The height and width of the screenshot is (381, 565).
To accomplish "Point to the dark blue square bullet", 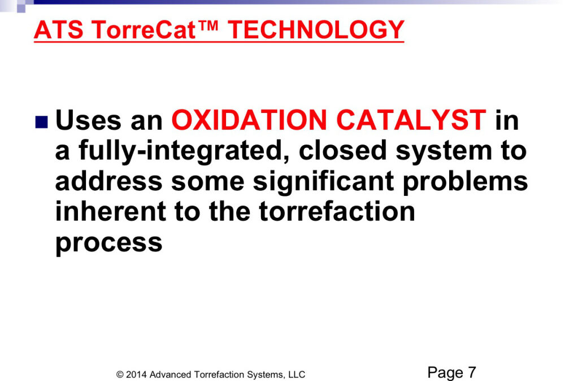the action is coord(41,122).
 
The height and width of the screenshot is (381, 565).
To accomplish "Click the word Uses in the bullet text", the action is coord(88,120).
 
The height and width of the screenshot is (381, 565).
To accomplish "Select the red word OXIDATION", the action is coord(249,120).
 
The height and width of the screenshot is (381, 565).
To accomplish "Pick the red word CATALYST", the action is coord(411,120).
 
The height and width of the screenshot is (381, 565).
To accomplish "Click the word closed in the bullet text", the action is coord(343,151).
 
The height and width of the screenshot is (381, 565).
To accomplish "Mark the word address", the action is coord(109,181).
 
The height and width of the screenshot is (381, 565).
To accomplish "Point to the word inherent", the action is coord(111,212).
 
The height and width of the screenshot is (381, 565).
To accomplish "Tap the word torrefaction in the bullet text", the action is coord(337,212).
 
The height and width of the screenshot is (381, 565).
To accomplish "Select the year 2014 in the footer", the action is coord(136,375).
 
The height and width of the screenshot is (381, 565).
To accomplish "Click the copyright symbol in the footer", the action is coord(120,375).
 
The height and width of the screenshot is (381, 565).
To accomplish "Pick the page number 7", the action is coord(472,373).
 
